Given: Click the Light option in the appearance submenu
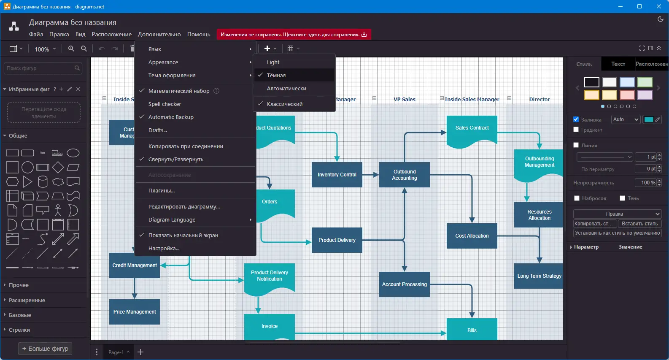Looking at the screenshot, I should click(x=273, y=62).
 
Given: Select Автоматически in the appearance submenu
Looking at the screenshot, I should click(x=286, y=88).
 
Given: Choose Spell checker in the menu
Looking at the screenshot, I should click(x=165, y=104).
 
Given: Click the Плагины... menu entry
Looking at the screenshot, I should click(x=162, y=190).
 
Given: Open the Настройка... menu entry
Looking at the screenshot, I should click(x=164, y=248).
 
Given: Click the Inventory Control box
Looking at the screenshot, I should click(x=337, y=174).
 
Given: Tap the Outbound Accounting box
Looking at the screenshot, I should click(x=404, y=174).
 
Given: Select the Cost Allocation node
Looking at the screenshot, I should click(x=472, y=235).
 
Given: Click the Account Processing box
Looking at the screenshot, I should click(x=404, y=284).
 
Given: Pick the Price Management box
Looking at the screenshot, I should click(x=135, y=311).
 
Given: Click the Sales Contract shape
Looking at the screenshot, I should click(x=472, y=128).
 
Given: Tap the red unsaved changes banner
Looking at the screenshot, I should click(x=294, y=35).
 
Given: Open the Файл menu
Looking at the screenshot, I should click(x=36, y=34).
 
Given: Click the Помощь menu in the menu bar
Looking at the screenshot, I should click(x=199, y=34).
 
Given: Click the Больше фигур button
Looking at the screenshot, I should click(x=45, y=349).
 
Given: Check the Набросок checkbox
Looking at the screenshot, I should click(x=577, y=198).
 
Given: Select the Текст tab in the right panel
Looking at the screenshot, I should click(x=618, y=64).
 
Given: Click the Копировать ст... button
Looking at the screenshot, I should click(x=595, y=224).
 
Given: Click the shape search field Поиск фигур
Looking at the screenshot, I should click(x=40, y=68).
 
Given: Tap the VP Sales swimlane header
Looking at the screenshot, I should click(x=404, y=99).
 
